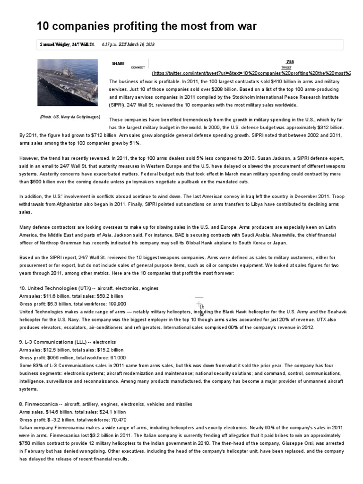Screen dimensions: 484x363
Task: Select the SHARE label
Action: (118, 64)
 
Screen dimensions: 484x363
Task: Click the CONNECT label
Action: (138, 68)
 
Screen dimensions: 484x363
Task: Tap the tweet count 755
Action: (290, 62)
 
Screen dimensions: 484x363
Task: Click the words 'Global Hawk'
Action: (206, 242)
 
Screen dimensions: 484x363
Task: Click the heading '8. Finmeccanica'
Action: (40, 404)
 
